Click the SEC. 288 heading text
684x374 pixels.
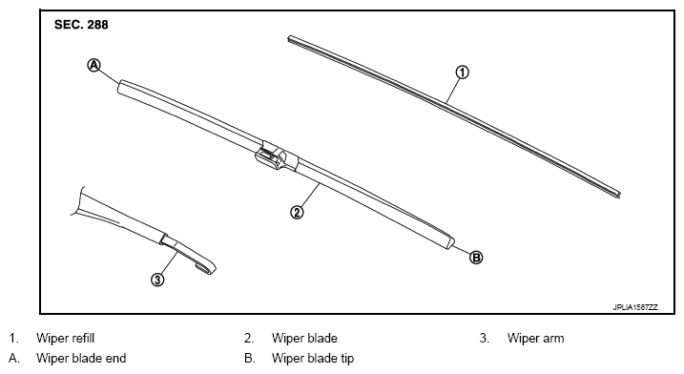(81, 25)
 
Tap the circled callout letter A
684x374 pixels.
(93, 66)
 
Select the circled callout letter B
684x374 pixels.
(476, 258)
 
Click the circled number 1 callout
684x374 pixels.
(462, 72)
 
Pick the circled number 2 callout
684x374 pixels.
(297, 213)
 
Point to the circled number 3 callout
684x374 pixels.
(157, 280)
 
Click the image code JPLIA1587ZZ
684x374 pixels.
(635, 307)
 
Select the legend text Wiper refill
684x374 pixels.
(66, 338)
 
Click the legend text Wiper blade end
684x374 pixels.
(81, 359)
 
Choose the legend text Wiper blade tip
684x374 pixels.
(313, 359)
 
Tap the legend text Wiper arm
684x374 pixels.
(536, 338)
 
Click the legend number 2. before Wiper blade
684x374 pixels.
(249, 338)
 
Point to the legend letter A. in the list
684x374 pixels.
(14, 359)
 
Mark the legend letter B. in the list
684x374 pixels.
(250, 359)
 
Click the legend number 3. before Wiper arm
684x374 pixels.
(485, 338)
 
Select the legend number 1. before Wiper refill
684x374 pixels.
(14, 338)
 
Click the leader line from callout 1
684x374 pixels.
(452, 91)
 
